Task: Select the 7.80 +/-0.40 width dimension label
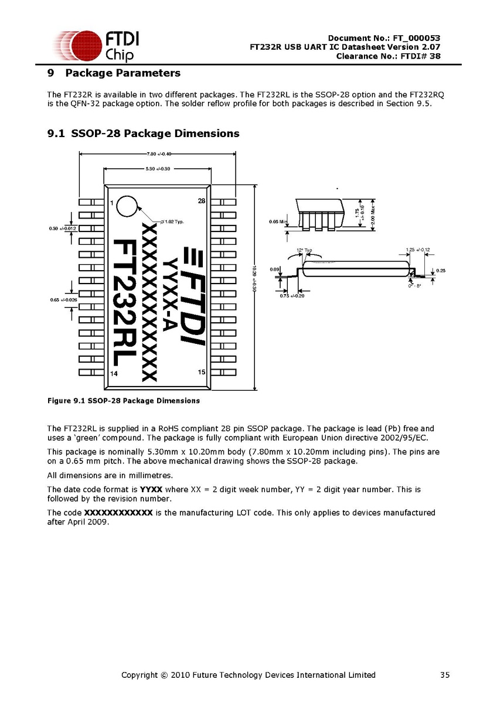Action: tap(157, 154)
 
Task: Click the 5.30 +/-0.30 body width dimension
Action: tap(157, 169)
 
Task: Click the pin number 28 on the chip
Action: tap(202, 201)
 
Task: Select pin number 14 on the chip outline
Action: tap(114, 373)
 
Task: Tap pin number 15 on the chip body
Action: tap(202, 371)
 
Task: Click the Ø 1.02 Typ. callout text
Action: tap(172, 221)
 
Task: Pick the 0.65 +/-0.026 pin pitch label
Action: tap(63, 300)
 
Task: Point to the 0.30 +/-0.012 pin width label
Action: tap(63, 228)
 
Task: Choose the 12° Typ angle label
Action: tap(304, 250)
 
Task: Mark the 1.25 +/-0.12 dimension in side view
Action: tap(418, 250)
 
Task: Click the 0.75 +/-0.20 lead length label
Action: tap(291, 296)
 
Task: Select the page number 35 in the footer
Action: tap(445, 675)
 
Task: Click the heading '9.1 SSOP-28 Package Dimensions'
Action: tap(143, 134)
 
